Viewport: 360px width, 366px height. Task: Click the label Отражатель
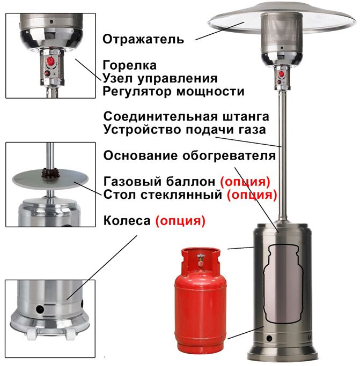(143, 39)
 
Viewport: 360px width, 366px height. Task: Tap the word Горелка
(129, 65)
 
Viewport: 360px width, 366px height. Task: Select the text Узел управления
(160, 79)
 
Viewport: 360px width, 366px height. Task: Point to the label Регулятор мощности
(173, 92)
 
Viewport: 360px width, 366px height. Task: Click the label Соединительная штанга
(186, 116)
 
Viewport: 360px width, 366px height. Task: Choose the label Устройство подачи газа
(185, 130)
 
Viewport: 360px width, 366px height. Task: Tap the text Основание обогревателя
(189, 155)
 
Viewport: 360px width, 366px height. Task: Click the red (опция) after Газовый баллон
(245, 182)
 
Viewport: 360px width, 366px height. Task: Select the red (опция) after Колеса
(180, 221)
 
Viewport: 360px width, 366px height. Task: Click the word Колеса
(127, 221)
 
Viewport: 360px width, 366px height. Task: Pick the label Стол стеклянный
(163, 195)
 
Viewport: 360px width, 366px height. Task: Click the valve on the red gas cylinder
(201, 260)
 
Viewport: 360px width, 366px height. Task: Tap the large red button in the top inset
(50, 61)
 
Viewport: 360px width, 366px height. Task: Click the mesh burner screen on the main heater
(282, 33)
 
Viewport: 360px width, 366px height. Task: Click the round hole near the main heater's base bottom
(269, 338)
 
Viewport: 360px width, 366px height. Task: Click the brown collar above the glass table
(50, 174)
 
